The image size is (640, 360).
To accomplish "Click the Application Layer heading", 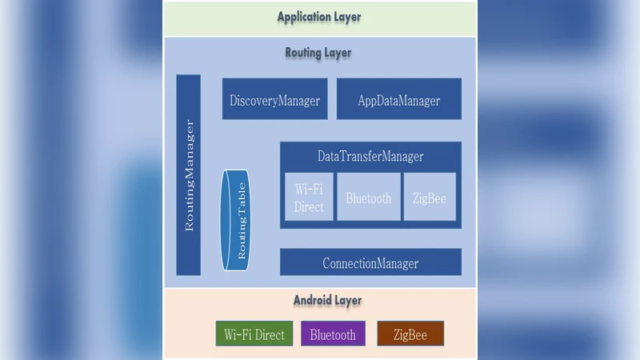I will coord(318,17).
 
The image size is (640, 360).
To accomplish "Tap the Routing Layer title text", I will coord(318,53).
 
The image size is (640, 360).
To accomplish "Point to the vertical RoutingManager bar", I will coord(189,175).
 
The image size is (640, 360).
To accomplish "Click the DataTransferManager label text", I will coord(370,157).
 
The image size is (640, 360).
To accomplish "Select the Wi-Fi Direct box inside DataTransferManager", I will coord(309,197).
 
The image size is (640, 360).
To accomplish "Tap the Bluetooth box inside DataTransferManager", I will coord(369,197).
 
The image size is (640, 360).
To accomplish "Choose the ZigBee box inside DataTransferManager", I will coord(430,197).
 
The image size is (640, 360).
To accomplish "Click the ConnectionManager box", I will coord(370,262).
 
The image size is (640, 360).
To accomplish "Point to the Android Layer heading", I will coord(327,301).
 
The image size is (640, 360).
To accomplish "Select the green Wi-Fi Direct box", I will coord(254,334).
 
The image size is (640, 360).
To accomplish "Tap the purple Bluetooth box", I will coord(333,334).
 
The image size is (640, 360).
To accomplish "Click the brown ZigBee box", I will coord(410,334).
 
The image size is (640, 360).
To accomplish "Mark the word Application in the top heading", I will coord(303,17).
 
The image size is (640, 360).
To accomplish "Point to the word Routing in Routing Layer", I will coord(303,53).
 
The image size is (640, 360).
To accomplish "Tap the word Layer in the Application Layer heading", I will coord(346,17).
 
